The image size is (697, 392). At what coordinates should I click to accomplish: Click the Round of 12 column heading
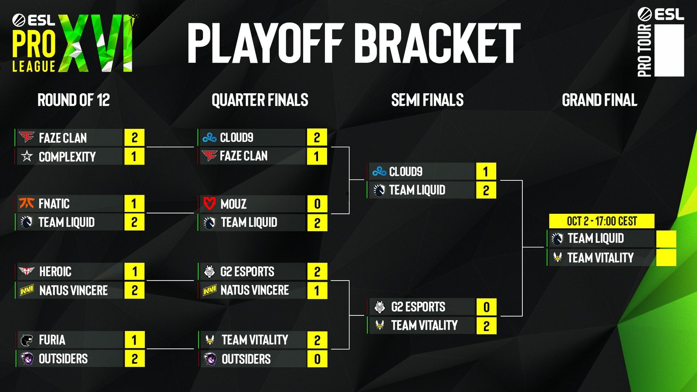pyautogui.click(x=74, y=100)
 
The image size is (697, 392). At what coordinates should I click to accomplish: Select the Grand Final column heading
pyautogui.click(x=599, y=100)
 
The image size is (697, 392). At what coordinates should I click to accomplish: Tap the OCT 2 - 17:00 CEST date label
pyautogui.click(x=602, y=221)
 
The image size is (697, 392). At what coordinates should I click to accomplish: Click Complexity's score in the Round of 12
pyautogui.click(x=134, y=156)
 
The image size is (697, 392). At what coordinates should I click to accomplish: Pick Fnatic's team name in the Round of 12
pyautogui.click(x=54, y=204)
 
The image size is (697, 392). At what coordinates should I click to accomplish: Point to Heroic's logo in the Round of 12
pyautogui.click(x=27, y=271)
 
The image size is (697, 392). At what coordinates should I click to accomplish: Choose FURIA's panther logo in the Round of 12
pyautogui.click(x=27, y=340)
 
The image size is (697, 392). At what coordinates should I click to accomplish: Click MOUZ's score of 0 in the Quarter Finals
pyautogui.click(x=317, y=204)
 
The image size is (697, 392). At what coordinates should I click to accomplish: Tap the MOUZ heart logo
pyautogui.click(x=210, y=203)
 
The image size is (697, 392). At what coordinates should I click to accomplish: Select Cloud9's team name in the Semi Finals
pyautogui.click(x=406, y=172)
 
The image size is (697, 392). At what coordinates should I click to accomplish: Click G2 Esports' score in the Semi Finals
pyautogui.click(x=486, y=307)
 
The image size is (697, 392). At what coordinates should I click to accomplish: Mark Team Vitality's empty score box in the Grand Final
pyautogui.click(x=666, y=257)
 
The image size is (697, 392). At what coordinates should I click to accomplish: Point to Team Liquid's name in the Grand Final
pyautogui.click(x=595, y=239)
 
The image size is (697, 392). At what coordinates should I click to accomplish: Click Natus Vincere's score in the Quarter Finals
pyautogui.click(x=317, y=291)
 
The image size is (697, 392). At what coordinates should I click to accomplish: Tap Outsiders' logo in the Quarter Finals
pyautogui.click(x=210, y=359)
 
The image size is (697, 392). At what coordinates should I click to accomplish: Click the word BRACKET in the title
pyautogui.click(x=440, y=44)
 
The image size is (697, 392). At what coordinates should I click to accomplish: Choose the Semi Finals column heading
pyautogui.click(x=427, y=100)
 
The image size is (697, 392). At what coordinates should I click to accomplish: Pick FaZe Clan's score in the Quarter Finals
pyautogui.click(x=317, y=156)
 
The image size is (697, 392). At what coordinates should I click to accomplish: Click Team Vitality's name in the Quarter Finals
pyautogui.click(x=255, y=340)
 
